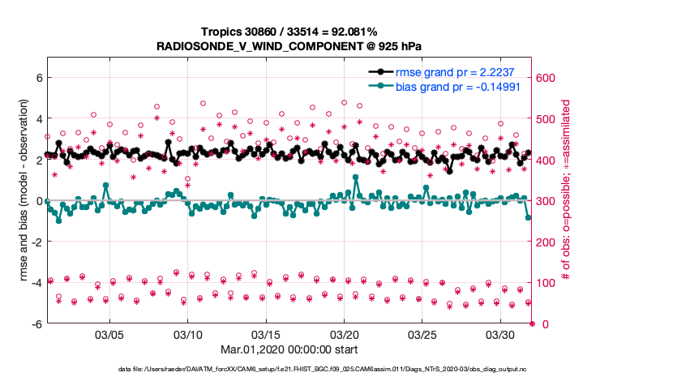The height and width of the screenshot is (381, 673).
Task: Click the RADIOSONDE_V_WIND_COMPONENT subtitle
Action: (289, 48)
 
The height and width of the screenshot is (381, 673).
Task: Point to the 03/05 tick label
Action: (109, 334)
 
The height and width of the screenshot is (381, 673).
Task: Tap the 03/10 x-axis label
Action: (188, 334)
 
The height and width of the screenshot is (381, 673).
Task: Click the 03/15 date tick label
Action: (266, 334)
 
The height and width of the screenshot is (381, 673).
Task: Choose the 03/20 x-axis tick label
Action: (345, 334)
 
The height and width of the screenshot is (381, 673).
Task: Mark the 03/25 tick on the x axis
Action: (422, 334)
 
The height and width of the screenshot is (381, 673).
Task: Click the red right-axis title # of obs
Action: (567, 201)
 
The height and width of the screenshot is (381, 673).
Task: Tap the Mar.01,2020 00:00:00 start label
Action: (289, 349)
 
